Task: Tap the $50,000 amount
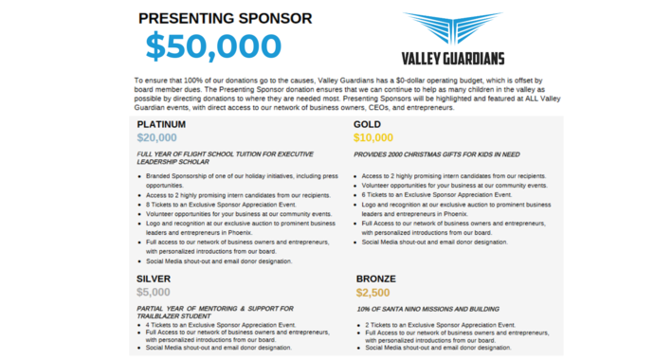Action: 213,46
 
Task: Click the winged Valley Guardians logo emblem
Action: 452,28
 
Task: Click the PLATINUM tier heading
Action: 161,124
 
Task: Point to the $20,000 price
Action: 156,137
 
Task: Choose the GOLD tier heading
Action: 368,124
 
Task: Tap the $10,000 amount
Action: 372,137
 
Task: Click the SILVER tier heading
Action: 154,279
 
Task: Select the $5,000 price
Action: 154,292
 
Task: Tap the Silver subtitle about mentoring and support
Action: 215,312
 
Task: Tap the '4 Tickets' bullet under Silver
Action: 214,325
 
